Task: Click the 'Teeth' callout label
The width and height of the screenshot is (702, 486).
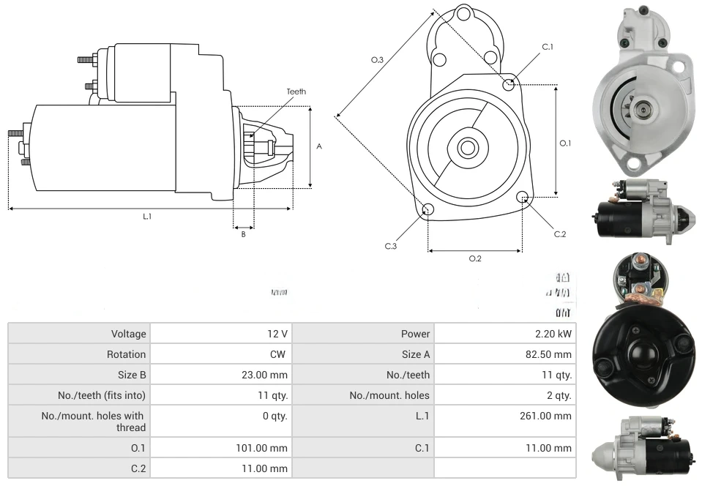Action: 296,91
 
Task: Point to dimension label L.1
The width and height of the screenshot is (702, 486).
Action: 147,216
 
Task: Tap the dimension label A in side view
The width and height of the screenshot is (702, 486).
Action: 318,146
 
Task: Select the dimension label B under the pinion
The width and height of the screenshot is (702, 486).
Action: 243,234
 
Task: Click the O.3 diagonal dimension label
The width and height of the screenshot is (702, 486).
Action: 378,60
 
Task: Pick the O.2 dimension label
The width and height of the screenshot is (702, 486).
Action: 474,258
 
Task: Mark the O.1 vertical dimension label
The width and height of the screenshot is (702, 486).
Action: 565,143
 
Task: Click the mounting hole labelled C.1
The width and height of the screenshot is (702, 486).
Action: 509,85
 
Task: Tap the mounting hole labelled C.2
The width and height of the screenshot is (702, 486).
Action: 523,198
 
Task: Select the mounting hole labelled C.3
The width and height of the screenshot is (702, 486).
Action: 428,211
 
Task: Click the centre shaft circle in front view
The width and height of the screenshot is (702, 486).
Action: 466,148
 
